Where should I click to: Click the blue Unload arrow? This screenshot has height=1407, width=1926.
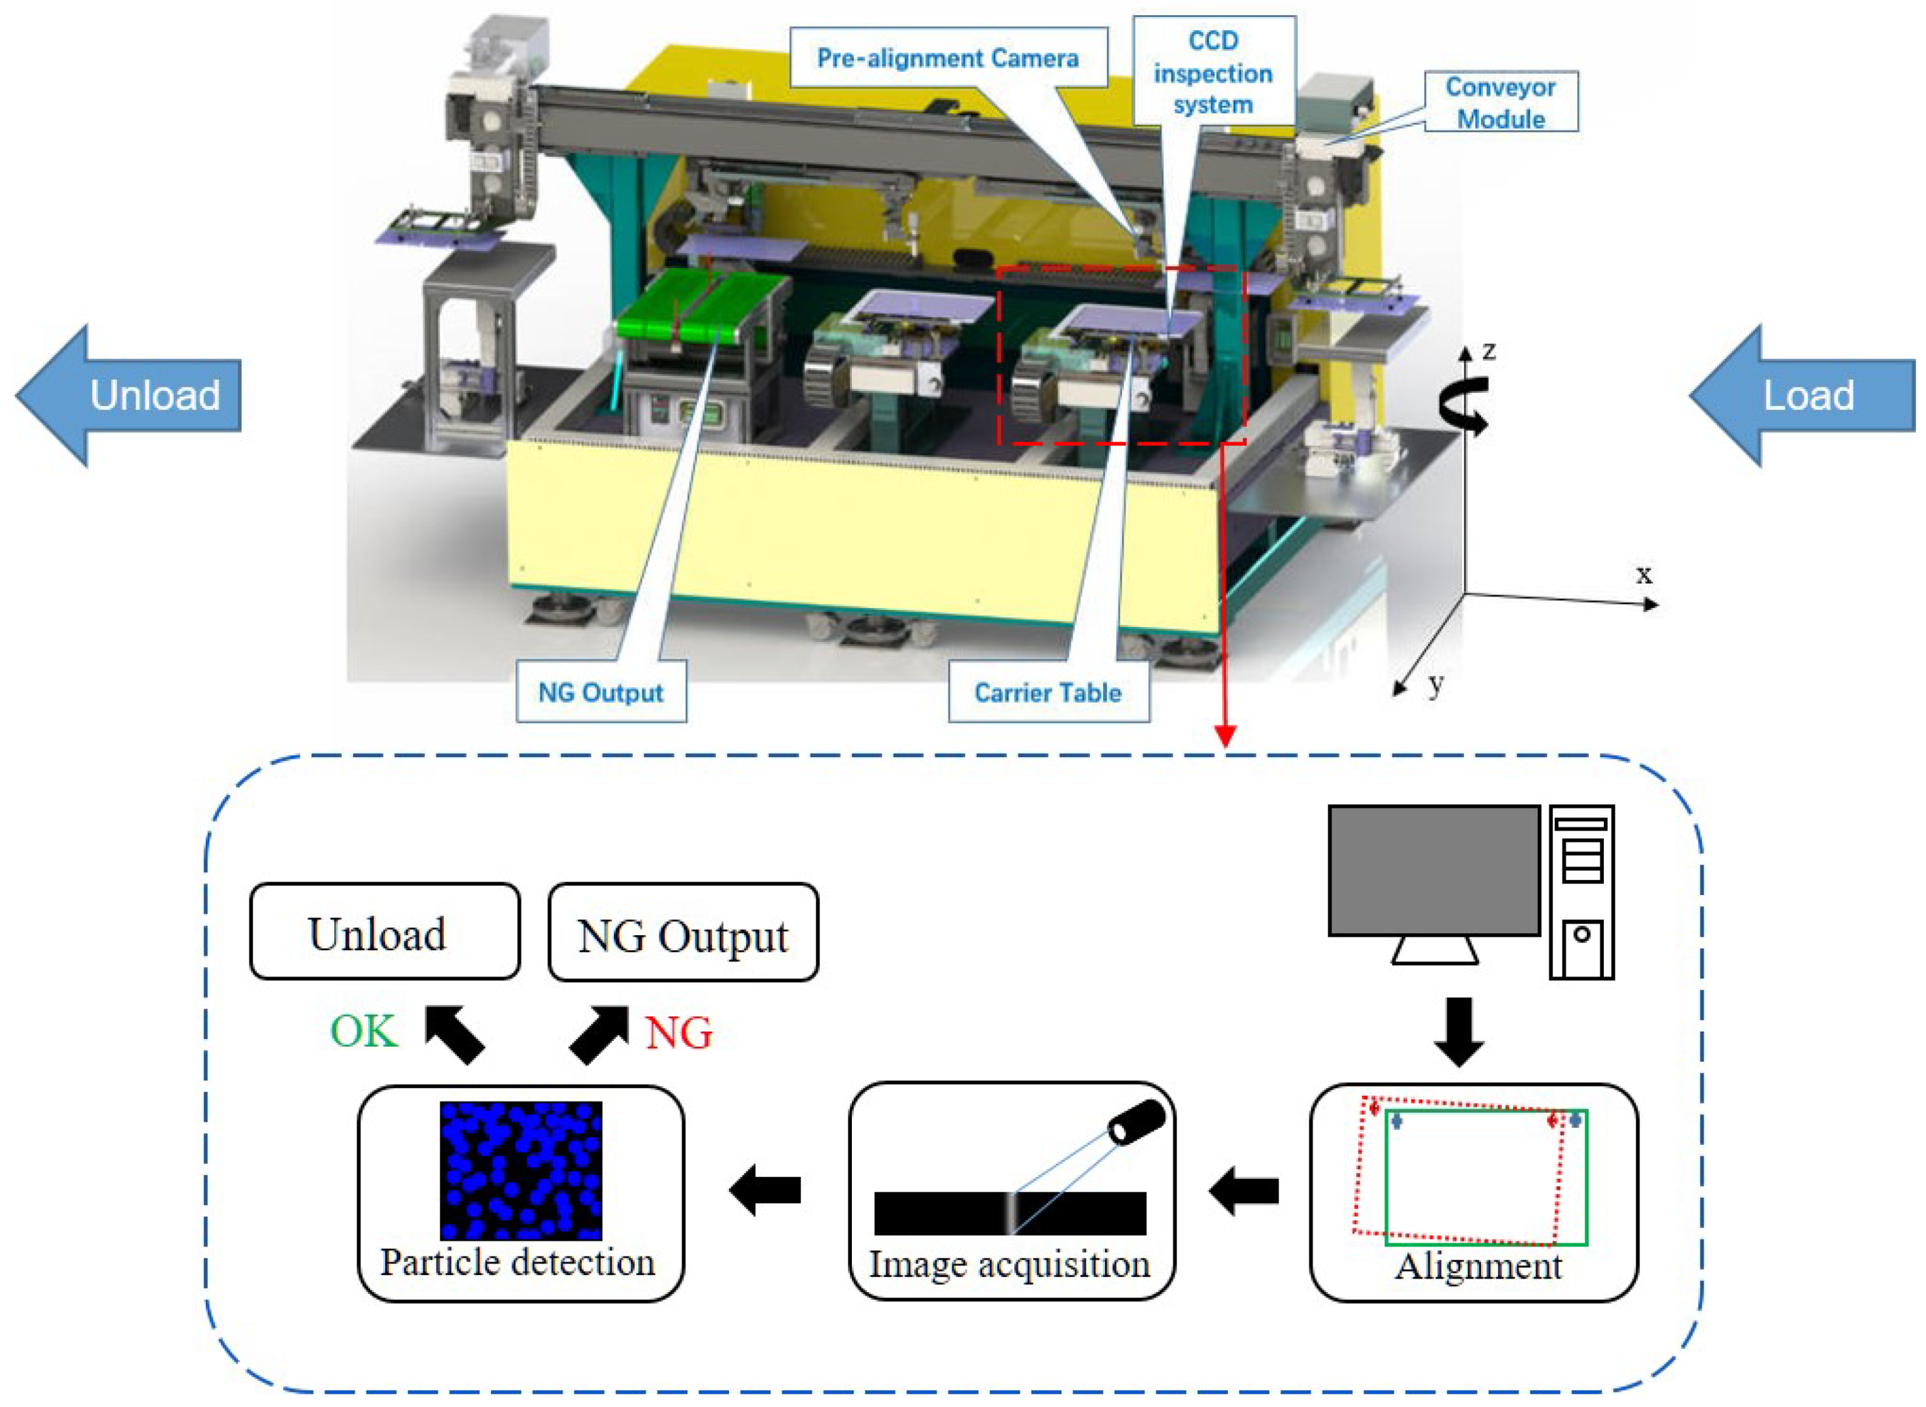coord(128,395)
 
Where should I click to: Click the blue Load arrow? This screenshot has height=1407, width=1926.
coord(1802,395)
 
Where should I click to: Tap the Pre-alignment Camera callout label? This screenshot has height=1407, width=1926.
coord(947,58)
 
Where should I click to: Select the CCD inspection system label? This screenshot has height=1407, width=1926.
coord(1213,73)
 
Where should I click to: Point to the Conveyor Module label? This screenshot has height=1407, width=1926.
coord(1500,103)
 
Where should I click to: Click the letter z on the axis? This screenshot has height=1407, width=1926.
coord(1488,351)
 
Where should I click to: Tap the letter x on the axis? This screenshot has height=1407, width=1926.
coord(1644,575)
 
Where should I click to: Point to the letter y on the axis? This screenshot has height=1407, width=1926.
coord(1437,683)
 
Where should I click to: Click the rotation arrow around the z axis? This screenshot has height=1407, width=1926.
coord(1463,405)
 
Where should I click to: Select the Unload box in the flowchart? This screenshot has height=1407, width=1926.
coord(384,932)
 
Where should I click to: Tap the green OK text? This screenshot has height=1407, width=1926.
coord(364,1031)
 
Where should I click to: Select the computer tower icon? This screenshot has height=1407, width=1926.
coord(1581,892)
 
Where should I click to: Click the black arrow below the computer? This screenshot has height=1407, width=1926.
coord(1459,1031)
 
